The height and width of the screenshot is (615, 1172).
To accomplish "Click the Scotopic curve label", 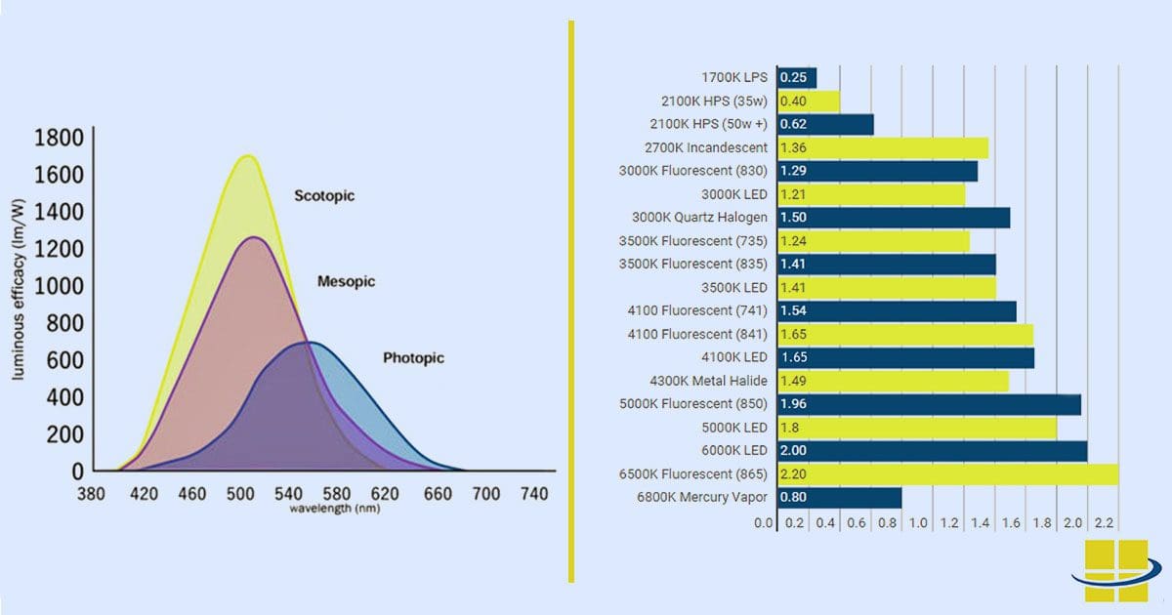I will [x=324, y=196].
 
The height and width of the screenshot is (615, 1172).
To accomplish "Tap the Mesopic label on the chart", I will [x=346, y=281].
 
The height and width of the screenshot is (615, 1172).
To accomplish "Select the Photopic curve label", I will [x=413, y=358].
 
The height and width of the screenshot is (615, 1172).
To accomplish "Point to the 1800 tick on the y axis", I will [x=59, y=138].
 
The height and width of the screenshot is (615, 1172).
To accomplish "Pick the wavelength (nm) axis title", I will [x=334, y=509].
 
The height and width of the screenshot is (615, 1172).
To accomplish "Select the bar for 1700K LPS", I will [x=796, y=78].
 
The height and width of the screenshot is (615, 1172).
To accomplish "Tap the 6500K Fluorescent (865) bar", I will [x=947, y=474].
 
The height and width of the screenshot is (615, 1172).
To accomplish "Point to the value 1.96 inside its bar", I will [x=793, y=404].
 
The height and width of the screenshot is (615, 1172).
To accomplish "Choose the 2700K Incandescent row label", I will [x=706, y=147].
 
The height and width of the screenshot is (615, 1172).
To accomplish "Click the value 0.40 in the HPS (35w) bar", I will [x=793, y=102].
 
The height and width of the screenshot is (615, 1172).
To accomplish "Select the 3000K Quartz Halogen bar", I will [x=894, y=218].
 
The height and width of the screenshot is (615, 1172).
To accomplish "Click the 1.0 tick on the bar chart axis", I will [x=918, y=523].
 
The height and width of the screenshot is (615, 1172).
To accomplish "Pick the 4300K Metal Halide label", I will [x=708, y=381].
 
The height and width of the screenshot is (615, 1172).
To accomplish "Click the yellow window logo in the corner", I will [x=1117, y=570].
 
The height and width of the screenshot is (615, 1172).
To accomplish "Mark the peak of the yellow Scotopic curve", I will [x=247, y=156].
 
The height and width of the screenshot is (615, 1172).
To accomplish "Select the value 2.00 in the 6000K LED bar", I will [x=793, y=451].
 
